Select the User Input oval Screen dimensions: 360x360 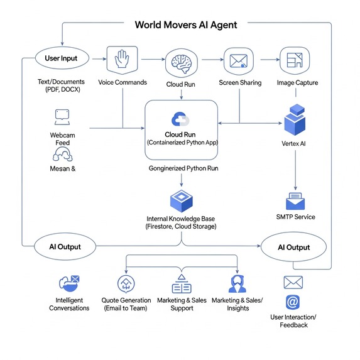[61, 58]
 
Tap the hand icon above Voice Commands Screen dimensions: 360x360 [123, 60]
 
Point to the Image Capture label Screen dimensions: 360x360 [297, 82]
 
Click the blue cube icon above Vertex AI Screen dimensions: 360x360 [295, 120]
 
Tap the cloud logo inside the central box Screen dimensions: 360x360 [180, 119]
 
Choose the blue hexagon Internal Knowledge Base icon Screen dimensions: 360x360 [181, 201]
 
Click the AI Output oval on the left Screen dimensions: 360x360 [65, 247]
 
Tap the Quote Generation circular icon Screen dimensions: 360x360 [126, 284]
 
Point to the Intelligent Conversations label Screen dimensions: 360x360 [69, 304]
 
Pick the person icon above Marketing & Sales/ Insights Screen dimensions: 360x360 [237, 284]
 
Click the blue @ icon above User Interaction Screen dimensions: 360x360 [293, 302]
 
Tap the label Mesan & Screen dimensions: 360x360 [62, 168]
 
